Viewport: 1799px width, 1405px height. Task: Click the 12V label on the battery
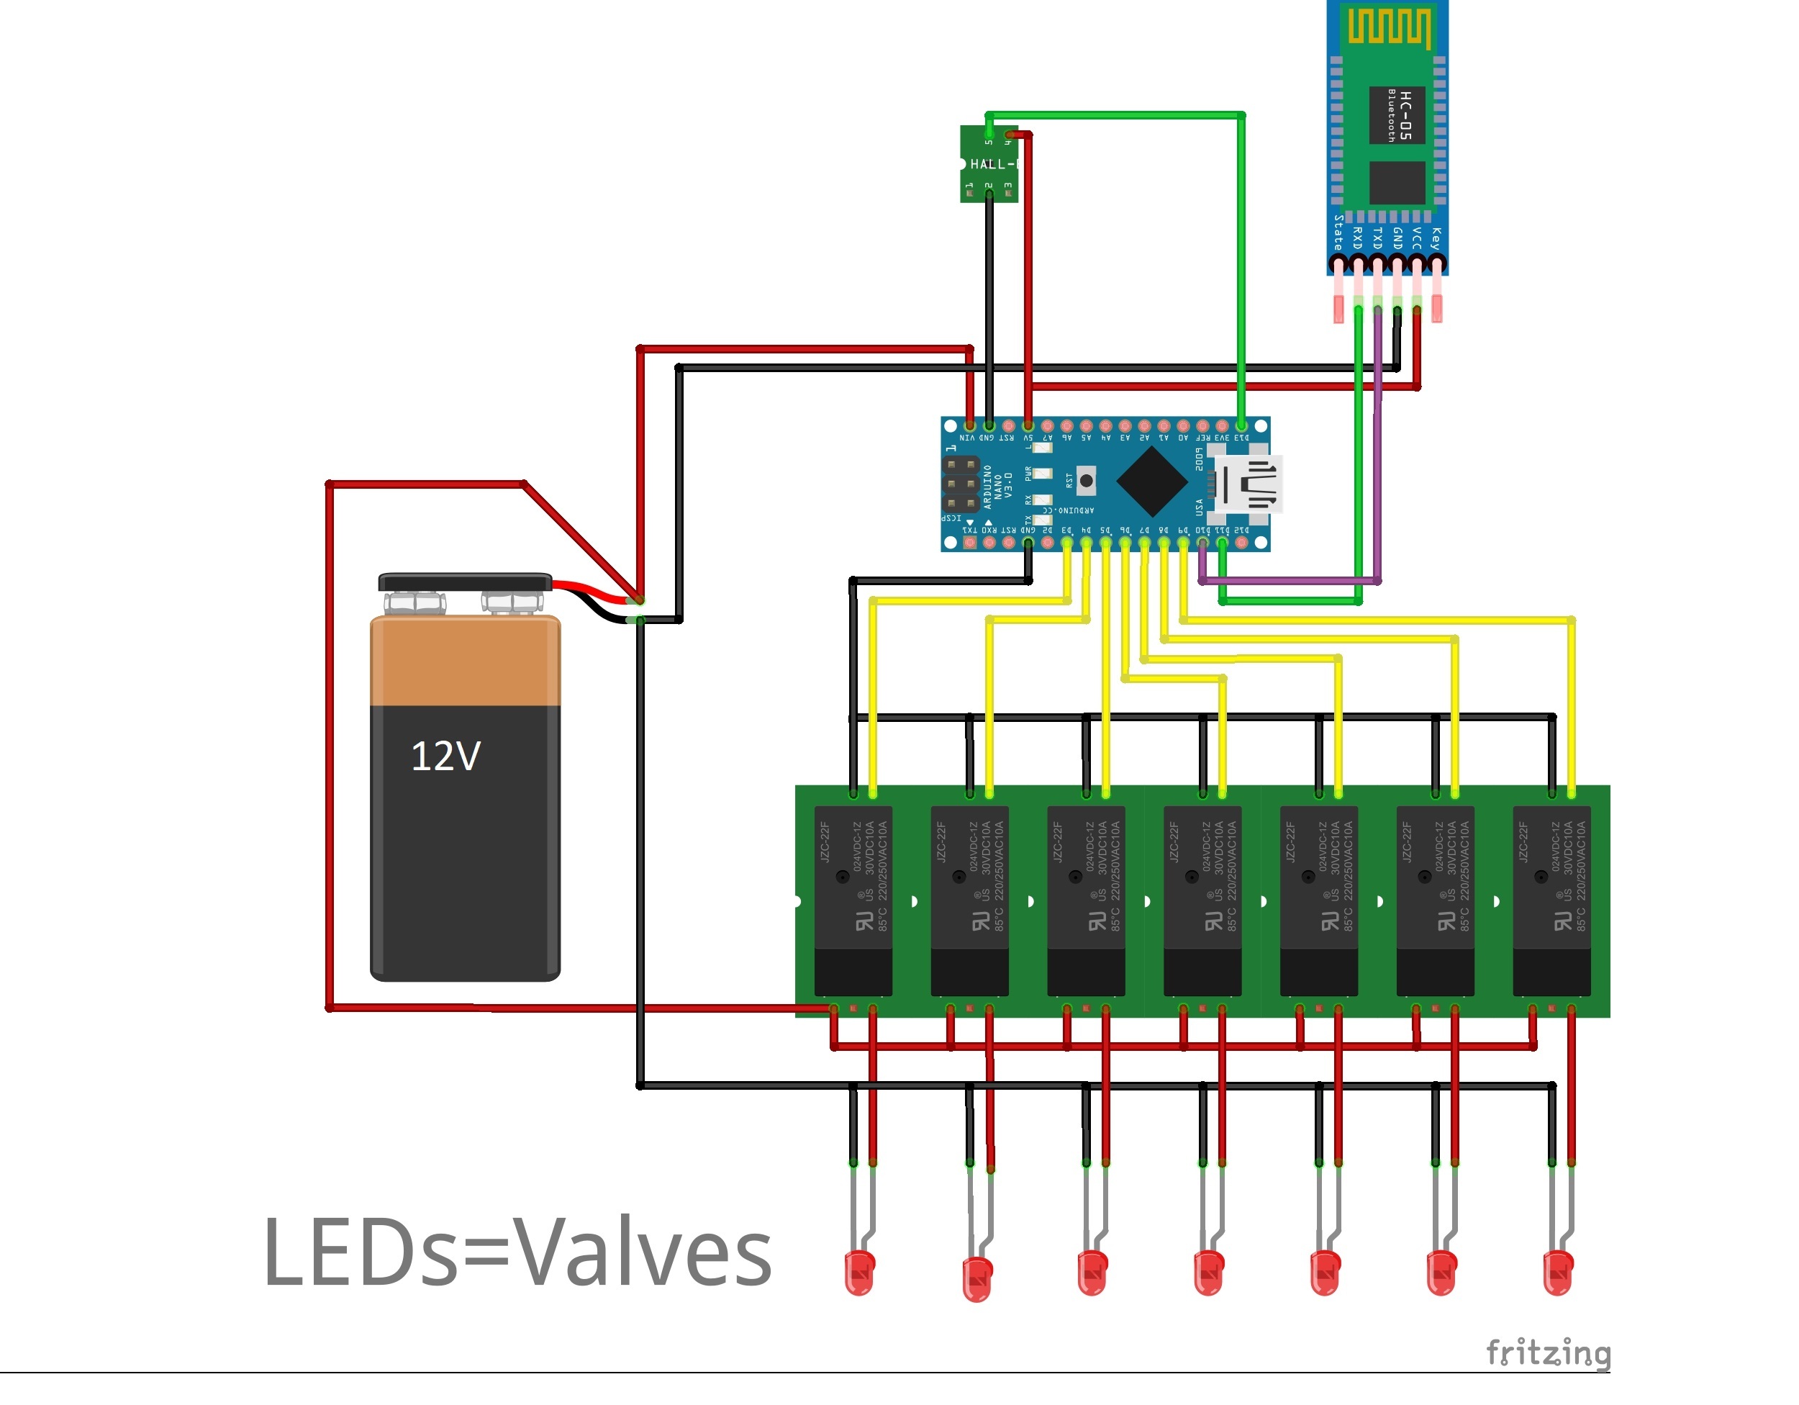(445, 756)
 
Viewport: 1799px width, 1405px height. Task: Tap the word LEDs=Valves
(517, 1252)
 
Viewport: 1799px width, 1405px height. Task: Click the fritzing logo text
(1548, 1353)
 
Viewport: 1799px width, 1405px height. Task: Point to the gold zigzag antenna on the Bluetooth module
(1389, 28)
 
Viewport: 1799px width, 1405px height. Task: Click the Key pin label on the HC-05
(1436, 239)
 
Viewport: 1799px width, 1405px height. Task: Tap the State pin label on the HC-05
(1338, 233)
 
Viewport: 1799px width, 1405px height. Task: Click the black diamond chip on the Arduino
(1151, 483)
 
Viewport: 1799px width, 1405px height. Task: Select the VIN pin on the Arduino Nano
(969, 427)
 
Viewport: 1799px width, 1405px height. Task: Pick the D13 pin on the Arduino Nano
(1241, 427)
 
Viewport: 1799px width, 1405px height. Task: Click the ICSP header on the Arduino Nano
(960, 484)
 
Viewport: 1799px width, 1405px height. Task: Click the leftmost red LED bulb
(859, 1274)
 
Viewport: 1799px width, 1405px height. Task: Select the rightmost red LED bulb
(1558, 1274)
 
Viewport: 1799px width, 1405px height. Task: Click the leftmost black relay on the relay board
(853, 900)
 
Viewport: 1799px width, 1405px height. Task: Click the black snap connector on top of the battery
(465, 582)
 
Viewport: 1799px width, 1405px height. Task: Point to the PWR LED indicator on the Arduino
(1043, 474)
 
